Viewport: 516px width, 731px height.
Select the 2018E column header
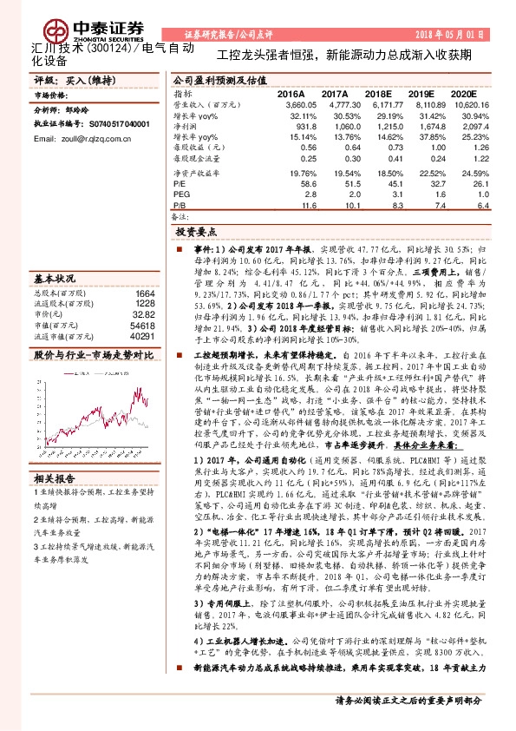(379, 93)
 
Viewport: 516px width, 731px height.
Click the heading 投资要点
(195, 233)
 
